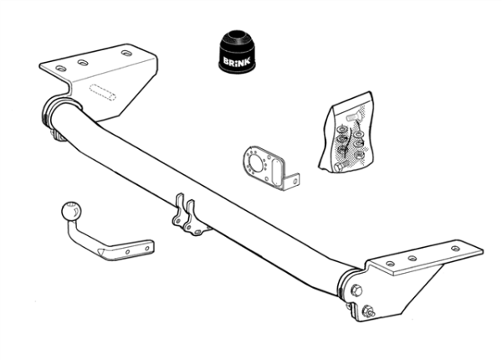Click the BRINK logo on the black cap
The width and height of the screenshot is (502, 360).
pos(237,61)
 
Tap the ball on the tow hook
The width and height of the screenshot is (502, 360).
pos(71,212)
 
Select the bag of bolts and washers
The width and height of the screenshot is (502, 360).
pos(346,133)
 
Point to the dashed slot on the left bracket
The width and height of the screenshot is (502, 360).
pos(102,92)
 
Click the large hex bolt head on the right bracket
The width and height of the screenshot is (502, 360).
pos(356,291)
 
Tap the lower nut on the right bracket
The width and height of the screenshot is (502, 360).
pos(368,311)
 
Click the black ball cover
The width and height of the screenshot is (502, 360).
pos(237,52)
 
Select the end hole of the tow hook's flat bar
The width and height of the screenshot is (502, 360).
pos(147,248)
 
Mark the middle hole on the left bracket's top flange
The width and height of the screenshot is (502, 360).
pos(83,63)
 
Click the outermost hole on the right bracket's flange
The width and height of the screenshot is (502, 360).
pos(455,249)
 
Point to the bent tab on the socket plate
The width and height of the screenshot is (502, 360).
pos(291,183)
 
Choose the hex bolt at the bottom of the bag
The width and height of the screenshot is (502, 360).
pos(340,167)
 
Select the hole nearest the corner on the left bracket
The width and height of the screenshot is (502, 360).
pos(61,69)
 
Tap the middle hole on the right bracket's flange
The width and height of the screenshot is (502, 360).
pos(412,258)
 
